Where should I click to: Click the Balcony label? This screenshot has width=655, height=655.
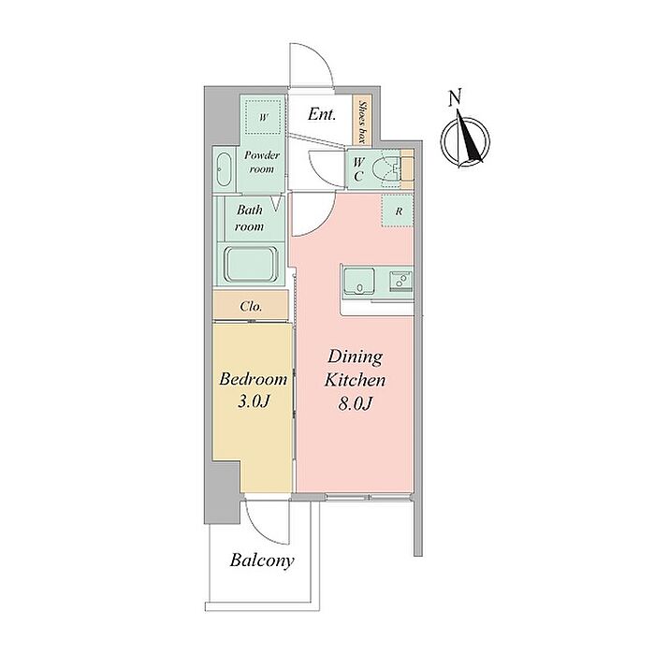(x=262, y=560)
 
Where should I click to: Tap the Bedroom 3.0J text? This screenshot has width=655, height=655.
(x=254, y=390)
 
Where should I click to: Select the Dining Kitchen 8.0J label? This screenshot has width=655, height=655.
(x=355, y=380)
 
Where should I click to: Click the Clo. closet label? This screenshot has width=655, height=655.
(x=251, y=307)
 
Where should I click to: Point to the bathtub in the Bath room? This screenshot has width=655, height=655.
(x=251, y=265)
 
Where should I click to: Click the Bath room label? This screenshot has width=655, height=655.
(x=250, y=218)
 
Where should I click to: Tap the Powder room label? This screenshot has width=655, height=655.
(x=262, y=162)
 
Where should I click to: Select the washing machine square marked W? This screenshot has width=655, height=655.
(x=263, y=117)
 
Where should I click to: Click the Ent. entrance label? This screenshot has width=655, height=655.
(x=322, y=114)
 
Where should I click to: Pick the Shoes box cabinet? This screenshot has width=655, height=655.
(x=362, y=122)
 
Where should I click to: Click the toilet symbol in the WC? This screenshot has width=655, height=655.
(x=386, y=169)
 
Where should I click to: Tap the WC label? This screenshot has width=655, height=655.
(x=358, y=169)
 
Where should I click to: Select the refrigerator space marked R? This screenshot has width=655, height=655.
(x=398, y=211)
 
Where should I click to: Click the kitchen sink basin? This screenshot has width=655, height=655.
(x=358, y=282)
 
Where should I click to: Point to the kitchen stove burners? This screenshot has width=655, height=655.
(x=400, y=280)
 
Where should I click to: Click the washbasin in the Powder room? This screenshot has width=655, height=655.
(x=225, y=169)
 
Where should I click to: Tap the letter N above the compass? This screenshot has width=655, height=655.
(x=455, y=97)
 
